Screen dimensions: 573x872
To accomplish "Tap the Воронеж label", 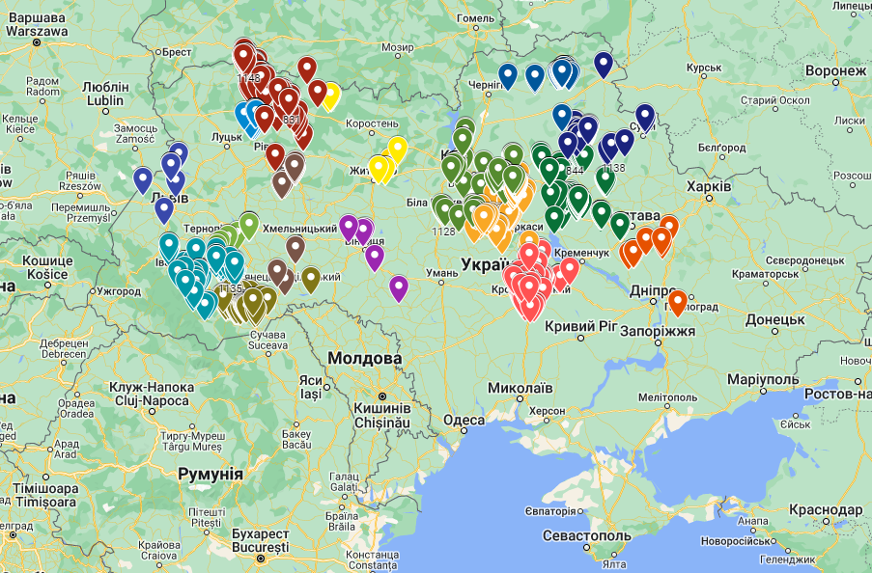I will (x=835, y=71).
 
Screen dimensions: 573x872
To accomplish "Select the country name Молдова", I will (x=364, y=359).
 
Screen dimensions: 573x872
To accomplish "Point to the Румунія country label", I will (x=211, y=474).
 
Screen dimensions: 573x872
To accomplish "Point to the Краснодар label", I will (x=825, y=509).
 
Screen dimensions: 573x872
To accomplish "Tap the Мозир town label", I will (x=397, y=46).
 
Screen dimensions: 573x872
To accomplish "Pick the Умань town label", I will (x=441, y=274).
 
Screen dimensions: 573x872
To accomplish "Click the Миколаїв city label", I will (x=520, y=388).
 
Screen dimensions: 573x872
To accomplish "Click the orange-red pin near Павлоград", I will (x=678, y=302).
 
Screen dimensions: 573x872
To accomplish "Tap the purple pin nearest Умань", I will (x=399, y=286).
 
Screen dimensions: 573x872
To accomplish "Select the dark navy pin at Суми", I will (x=645, y=117).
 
